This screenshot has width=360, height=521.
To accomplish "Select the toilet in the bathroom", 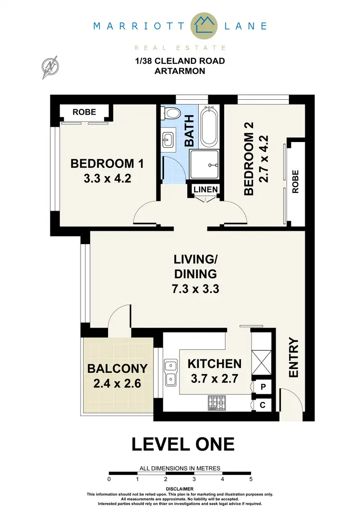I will (x=171, y=114).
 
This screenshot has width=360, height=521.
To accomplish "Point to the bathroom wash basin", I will (x=168, y=141).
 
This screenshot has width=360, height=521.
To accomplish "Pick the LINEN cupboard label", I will (x=206, y=189).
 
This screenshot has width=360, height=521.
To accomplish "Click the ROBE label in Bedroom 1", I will (x=84, y=112).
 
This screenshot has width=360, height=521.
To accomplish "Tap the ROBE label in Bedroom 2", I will (x=295, y=181).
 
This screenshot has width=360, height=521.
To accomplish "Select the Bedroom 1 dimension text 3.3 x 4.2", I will (x=107, y=179).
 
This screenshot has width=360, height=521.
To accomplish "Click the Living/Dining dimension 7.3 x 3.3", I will (x=195, y=289).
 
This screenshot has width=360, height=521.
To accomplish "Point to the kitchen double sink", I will (x=169, y=373).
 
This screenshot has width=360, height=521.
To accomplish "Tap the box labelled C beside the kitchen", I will (x=263, y=404).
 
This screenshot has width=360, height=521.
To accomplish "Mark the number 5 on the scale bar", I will (x=251, y=479).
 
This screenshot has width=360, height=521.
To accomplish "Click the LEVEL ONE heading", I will (x=183, y=444).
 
